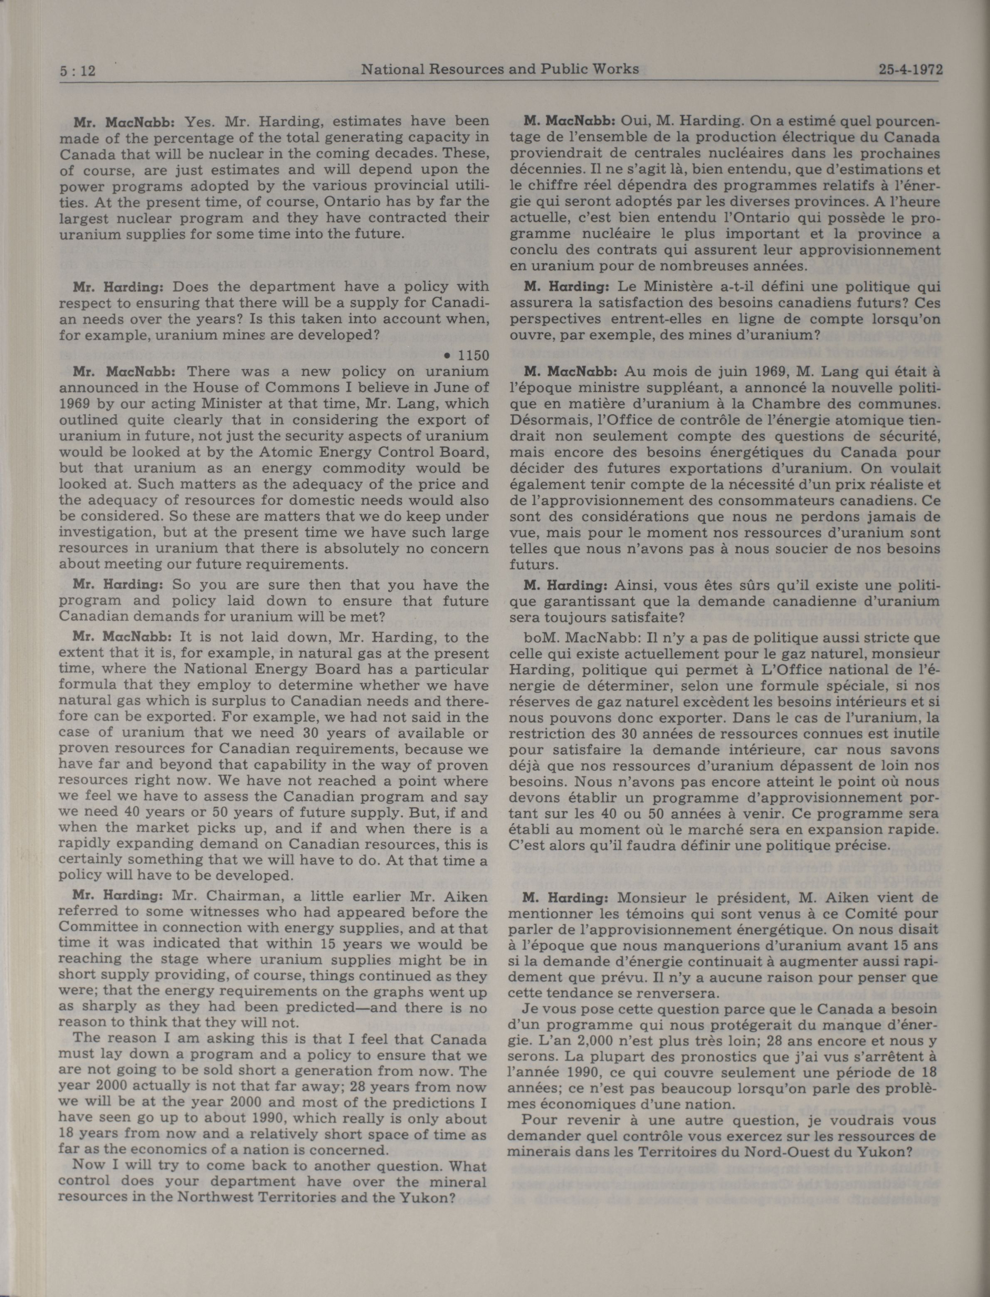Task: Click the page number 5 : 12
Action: coord(78,71)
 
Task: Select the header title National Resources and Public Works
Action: coord(500,69)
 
